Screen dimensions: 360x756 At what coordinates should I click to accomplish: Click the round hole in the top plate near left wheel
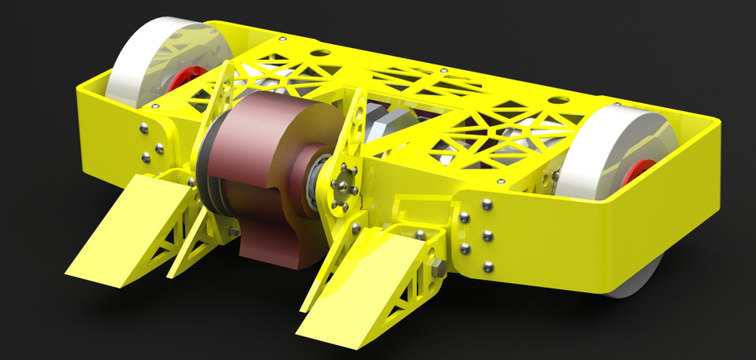tap(321, 54)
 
